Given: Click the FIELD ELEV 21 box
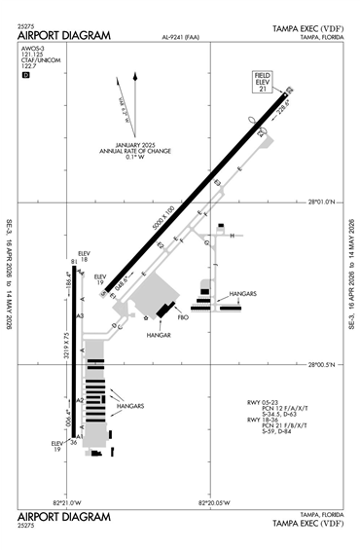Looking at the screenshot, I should (x=262, y=82).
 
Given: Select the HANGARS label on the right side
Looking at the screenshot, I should (x=242, y=293).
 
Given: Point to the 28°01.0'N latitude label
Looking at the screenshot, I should (x=321, y=202).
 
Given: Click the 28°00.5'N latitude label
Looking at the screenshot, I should (x=321, y=366).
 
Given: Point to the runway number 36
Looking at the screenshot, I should (x=73, y=443).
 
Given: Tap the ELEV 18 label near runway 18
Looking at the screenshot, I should (x=84, y=258).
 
